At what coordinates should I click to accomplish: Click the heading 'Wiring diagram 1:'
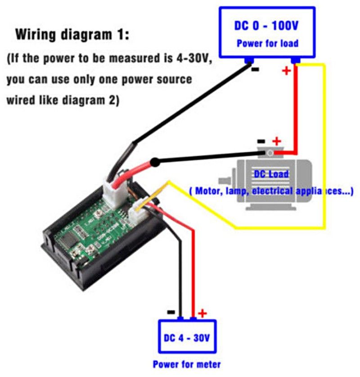click(x=72, y=35)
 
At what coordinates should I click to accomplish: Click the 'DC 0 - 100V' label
click(x=266, y=25)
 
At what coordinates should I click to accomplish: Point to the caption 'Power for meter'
click(x=187, y=364)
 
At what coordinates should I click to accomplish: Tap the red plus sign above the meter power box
click(x=203, y=313)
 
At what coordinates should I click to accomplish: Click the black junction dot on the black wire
click(x=155, y=161)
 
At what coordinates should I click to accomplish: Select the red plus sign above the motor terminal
click(x=276, y=141)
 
